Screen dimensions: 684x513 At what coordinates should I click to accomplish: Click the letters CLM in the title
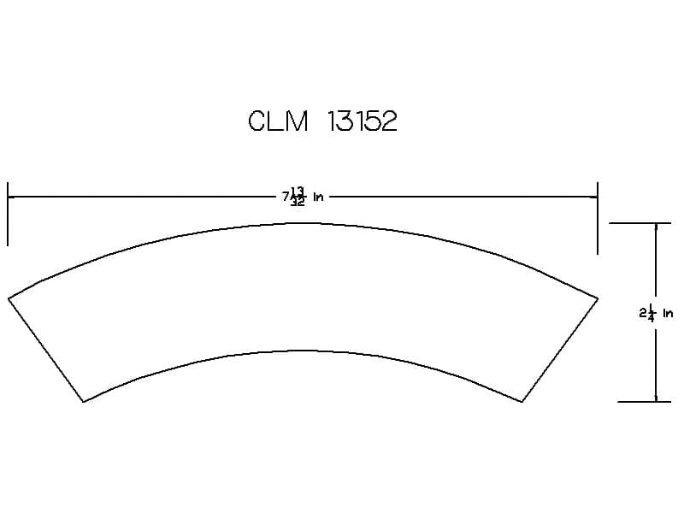[279, 121]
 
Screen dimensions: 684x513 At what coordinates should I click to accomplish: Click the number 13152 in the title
[362, 121]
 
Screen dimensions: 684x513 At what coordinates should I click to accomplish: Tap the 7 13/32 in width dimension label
[303, 197]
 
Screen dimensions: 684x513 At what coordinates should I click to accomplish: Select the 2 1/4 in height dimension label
[656, 313]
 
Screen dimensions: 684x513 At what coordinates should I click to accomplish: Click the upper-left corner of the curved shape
[9, 298]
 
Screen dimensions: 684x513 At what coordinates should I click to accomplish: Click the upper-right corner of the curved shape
[598, 298]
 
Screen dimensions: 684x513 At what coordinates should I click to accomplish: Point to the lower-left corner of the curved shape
[83, 401]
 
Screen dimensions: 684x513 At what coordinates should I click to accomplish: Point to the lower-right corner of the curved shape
[522, 401]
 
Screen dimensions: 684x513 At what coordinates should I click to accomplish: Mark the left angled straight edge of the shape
[46, 350]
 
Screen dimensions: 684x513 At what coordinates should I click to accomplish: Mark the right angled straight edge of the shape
[560, 350]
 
